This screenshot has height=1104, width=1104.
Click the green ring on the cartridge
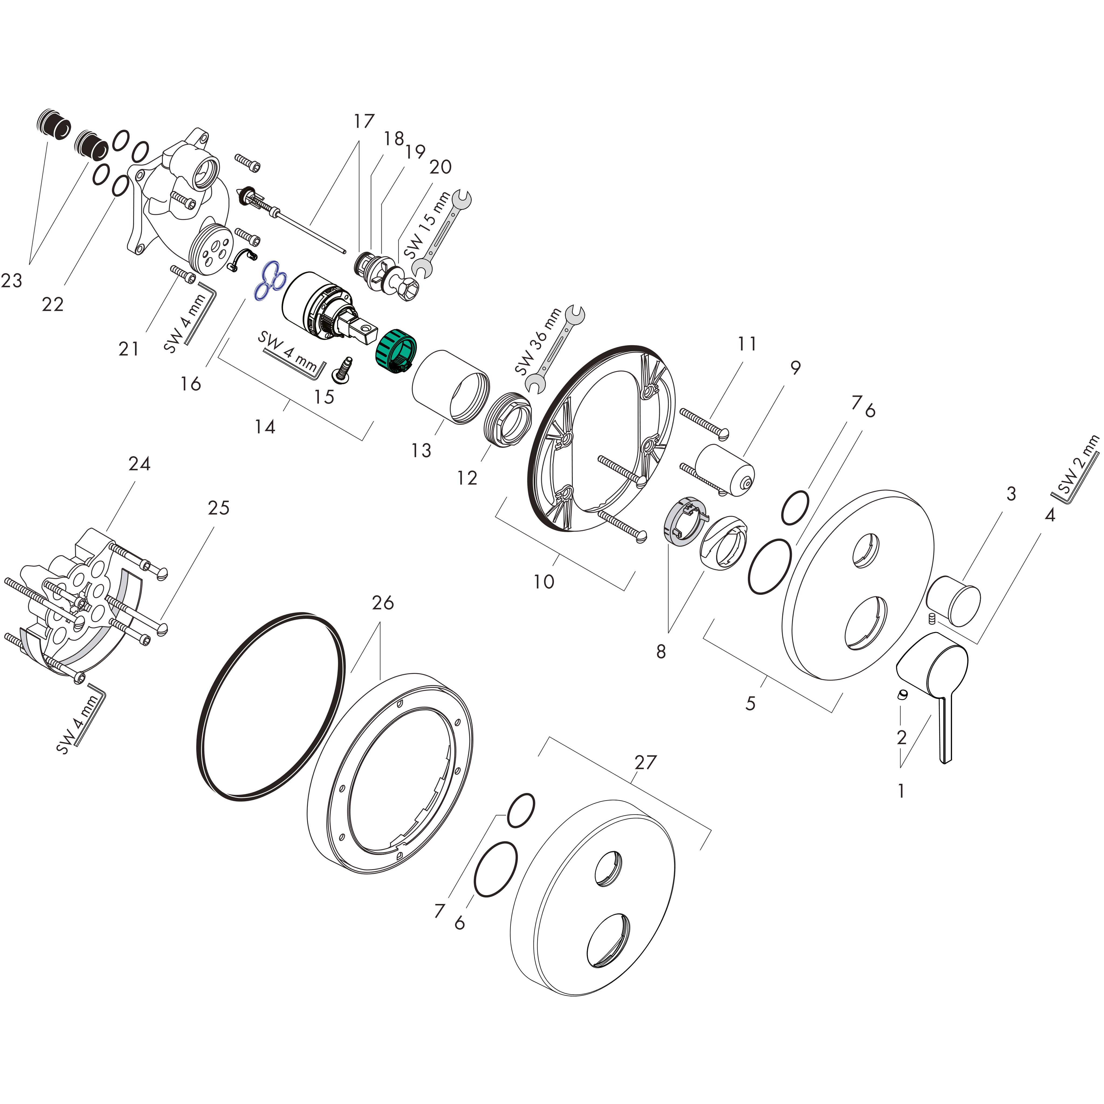tap(395, 350)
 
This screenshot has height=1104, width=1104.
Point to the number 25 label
tap(218, 508)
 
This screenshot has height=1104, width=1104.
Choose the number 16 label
tap(191, 384)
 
